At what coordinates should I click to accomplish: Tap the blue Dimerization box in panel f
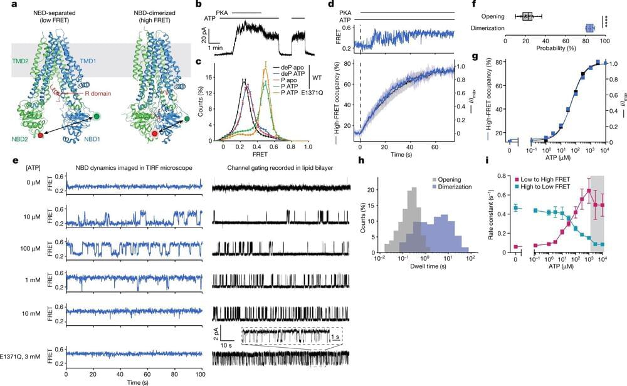pyautogui.click(x=589, y=28)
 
